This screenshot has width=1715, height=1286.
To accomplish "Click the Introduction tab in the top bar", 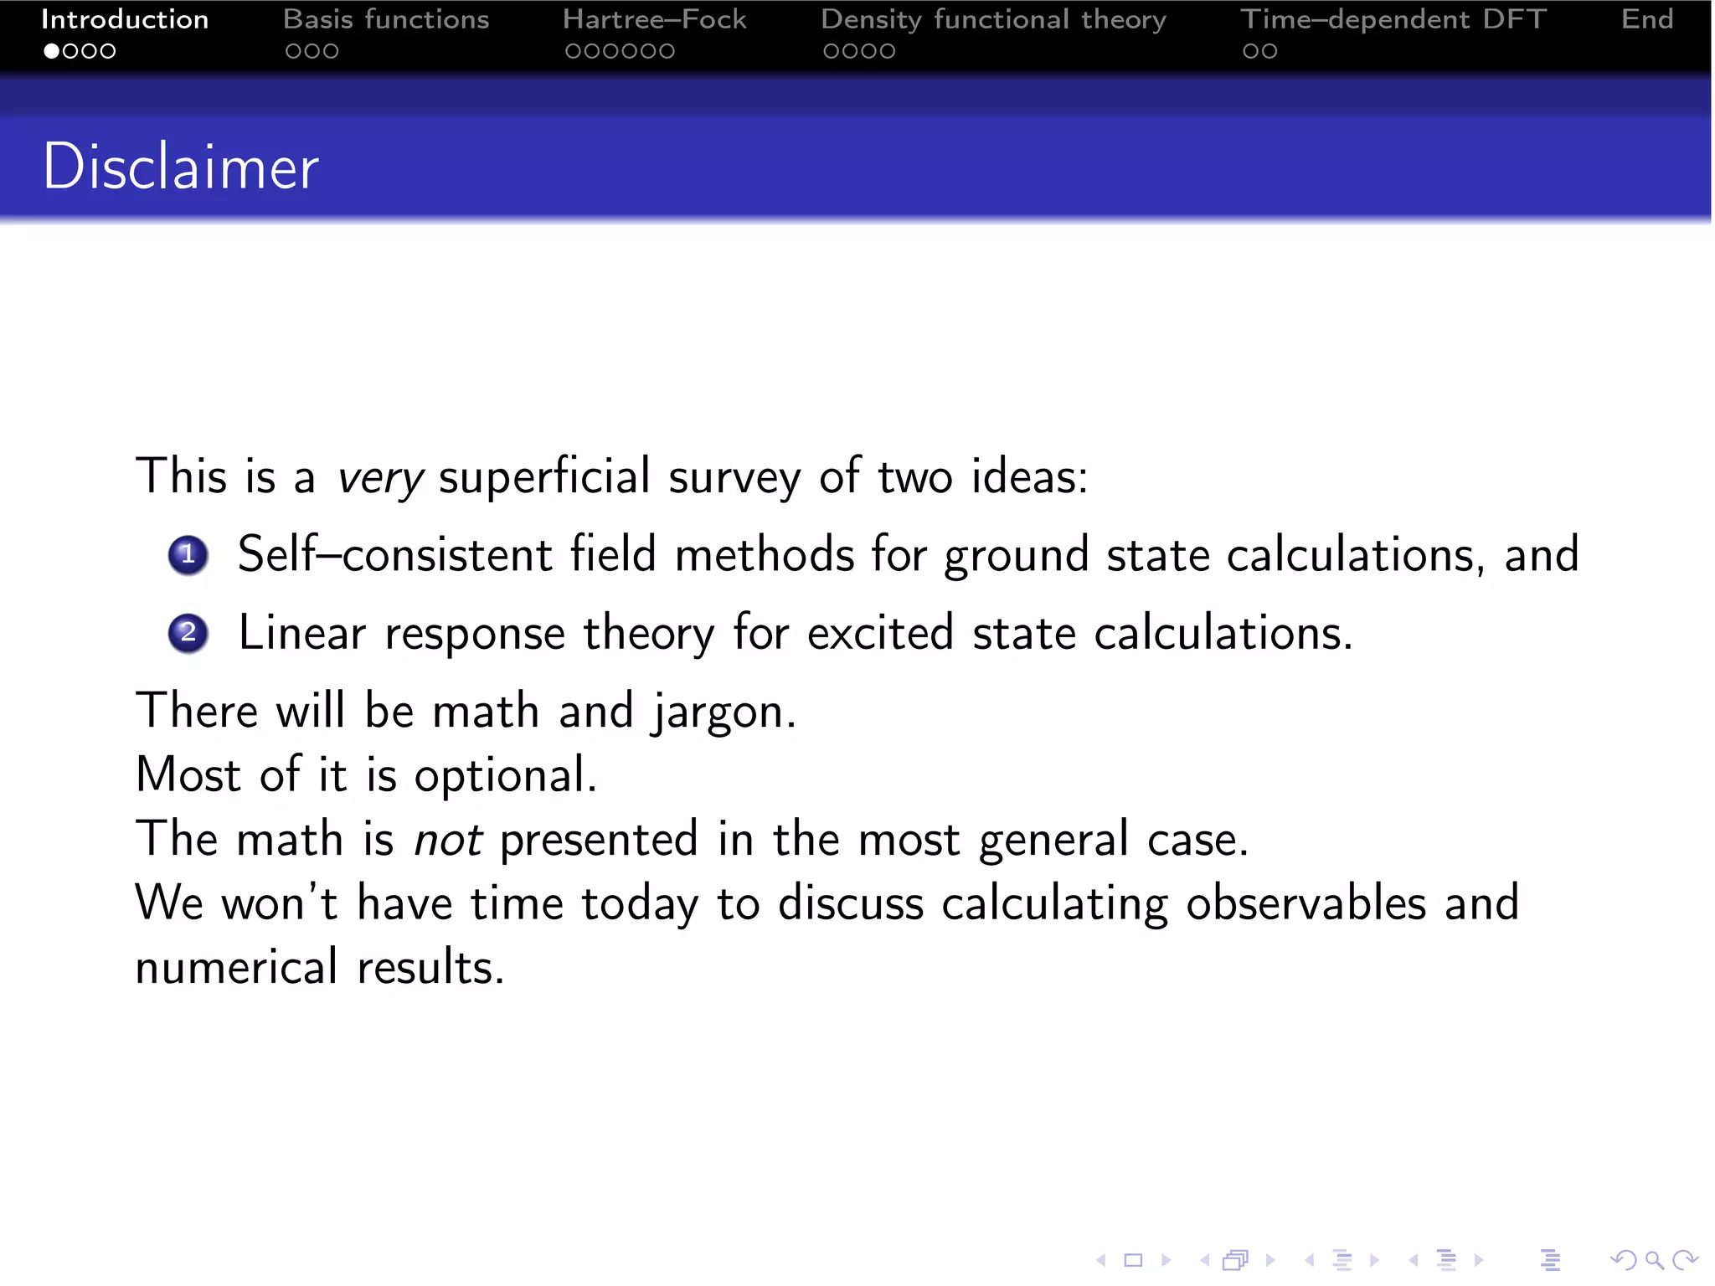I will pos(125,19).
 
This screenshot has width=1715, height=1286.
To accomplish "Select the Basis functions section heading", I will pos(386,19).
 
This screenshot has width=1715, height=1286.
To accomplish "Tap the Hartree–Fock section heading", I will pos(654,19).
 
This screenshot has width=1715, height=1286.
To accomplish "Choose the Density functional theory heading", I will pos(993,19).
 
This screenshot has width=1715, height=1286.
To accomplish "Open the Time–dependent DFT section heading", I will pos(1393,19).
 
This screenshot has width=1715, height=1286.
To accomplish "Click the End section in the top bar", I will pos(1646,19).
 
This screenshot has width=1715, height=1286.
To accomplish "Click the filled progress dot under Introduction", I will pos(52,51).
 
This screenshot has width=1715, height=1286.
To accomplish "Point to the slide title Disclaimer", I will pos(181,167).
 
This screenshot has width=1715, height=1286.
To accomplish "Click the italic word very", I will pos(380,477).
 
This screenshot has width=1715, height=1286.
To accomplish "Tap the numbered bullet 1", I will pos(188,555).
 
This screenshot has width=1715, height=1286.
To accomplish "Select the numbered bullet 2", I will pos(188,633).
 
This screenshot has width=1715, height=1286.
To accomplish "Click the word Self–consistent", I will pos(394,554).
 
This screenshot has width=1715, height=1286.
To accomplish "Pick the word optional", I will pos(505,776).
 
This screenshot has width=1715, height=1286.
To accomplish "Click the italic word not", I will pos(448,840).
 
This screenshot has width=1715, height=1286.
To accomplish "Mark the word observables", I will pos(1306,903).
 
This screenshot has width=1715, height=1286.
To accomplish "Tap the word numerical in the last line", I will pos(237,968).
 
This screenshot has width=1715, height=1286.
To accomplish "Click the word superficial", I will pos(544,476).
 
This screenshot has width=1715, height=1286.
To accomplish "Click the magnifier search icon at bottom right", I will pos(1654,1259).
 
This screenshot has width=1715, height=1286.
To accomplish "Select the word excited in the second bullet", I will pos(880,633).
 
